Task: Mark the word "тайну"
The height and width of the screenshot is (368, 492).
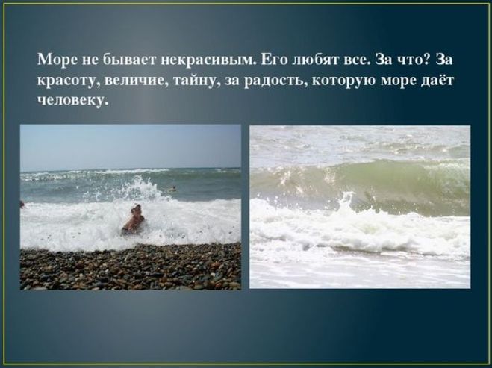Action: coord(195,81)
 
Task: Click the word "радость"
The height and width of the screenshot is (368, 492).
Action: coord(274,81)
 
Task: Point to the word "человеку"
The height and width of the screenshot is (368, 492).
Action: coord(73,100)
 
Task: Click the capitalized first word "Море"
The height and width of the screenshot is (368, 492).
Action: coord(57,60)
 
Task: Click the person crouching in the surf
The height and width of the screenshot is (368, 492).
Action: coord(134,219)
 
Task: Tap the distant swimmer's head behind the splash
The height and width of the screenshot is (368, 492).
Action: coord(172,188)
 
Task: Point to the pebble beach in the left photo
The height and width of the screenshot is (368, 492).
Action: coord(131,267)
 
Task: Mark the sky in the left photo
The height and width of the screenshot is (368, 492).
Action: coord(131,147)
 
